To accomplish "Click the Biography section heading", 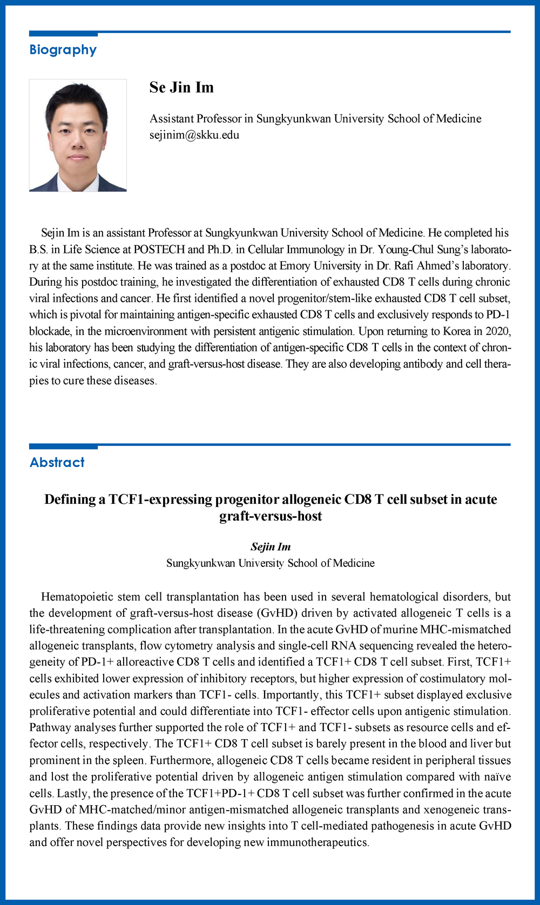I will point(63,50).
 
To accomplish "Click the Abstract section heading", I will point(57,463).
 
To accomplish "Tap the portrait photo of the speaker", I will point(78,136).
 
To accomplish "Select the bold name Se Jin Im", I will point(181,87).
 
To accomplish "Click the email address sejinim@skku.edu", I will point(194,135).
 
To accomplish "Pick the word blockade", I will point(50,331).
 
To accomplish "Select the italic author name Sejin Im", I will point(271,547).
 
